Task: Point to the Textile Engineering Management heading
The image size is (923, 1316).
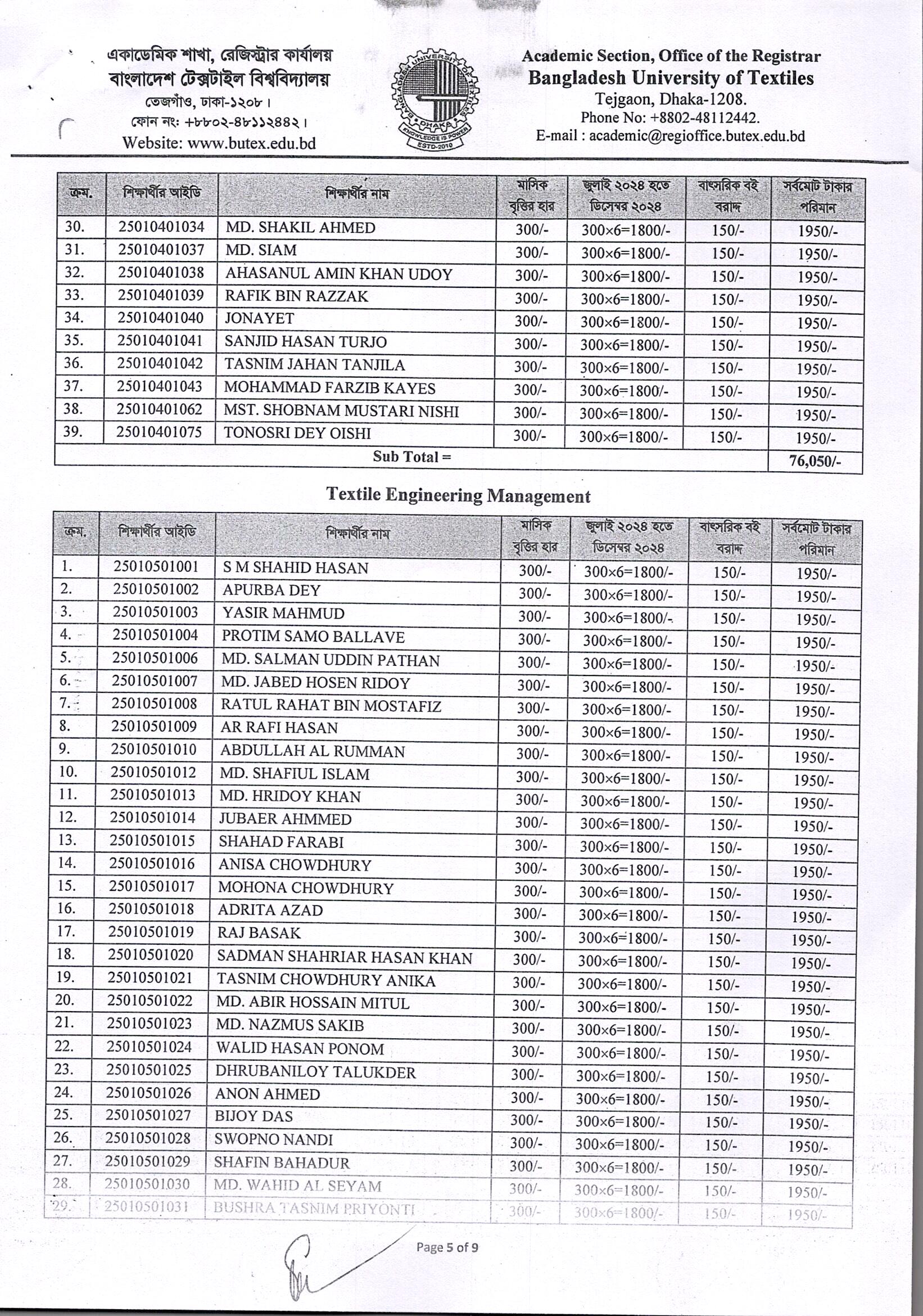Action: coord(458,495)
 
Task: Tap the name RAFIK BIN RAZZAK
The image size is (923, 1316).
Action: coord(296,296)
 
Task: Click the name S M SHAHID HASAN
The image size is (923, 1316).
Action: coord(295,568)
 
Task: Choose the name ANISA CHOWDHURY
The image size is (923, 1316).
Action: coord(295,865)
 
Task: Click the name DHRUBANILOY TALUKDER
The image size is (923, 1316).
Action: coord(315,1072)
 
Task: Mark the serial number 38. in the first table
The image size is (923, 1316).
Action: coord(73,409)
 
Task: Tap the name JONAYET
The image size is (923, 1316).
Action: coord(259,319)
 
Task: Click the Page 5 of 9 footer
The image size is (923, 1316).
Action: coord(447,1247)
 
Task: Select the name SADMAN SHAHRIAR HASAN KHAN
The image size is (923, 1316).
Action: coord(345,958)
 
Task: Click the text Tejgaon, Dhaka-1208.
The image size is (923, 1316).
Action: coord(671,99)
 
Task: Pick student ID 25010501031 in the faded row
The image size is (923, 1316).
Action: coord(147,1206)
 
